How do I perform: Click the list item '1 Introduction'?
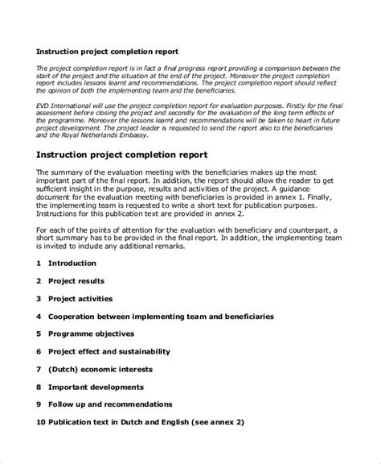[72, 263]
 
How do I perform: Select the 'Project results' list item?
[80, 280]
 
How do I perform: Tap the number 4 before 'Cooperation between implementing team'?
[39, 316]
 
